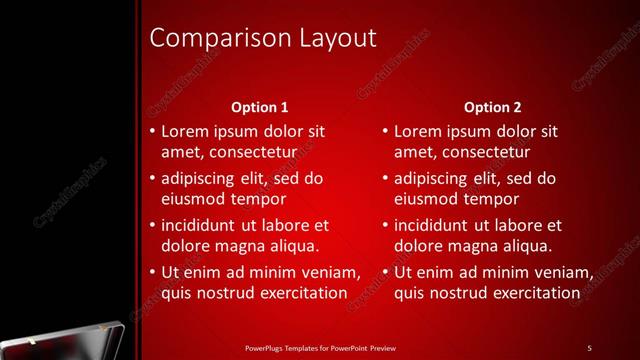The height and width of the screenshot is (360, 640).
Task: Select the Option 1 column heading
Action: (x=259, y=107)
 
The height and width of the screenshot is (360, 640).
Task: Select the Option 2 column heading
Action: (x=493, y=107)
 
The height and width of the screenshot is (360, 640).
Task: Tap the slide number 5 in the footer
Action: (x=589, y=347)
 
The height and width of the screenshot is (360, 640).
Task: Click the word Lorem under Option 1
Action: (x=185, y=131)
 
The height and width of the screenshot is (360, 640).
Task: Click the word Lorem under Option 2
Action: (x=418, y=131)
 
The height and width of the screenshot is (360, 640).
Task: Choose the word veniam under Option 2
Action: (x=563, y=273)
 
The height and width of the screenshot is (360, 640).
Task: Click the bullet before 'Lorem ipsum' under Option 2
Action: (x=385, y=131)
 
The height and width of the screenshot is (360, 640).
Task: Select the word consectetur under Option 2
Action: (x=484, y=151)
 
